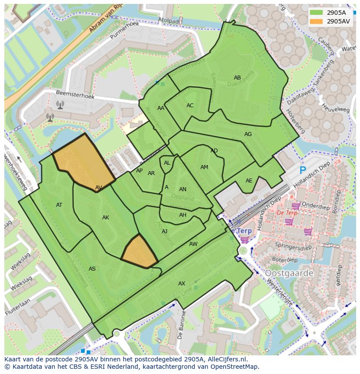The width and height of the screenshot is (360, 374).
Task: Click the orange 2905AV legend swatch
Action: tap(317, 21)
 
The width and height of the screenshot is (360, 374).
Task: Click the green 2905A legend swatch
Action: tap(317, 13)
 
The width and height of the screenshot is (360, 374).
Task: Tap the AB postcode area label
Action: tap(237, 78)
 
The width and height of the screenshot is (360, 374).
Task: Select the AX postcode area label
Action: tap(182, 284)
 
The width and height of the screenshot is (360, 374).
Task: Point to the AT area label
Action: tap(59, 205)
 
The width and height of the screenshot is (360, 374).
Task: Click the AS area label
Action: tap(92, 269)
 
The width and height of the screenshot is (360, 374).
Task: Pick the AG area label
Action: tap(248, 134)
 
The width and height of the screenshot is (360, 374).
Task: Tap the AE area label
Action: tap(249, 181)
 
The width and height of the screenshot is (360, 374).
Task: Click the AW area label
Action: tap(193, 244)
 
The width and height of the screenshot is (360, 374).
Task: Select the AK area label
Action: tap(106, 218)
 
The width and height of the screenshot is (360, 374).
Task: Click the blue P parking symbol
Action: tap(303, 171)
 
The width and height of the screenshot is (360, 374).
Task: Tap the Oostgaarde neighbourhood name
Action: tap(289, 273)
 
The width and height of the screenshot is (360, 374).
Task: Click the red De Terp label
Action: tap(287, 213)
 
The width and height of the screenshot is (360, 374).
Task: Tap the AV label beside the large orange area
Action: tap(99, 188)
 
